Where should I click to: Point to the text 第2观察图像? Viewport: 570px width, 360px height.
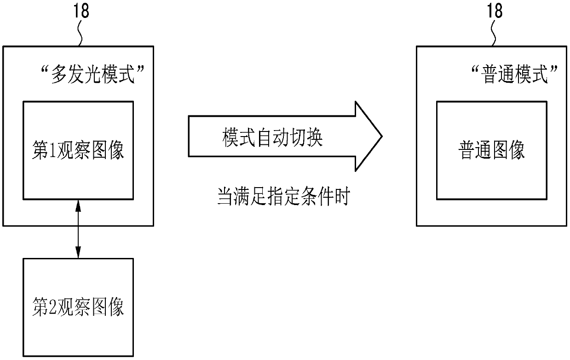click(x=78, y=307)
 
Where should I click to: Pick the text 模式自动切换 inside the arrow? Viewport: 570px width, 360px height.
click(x=273, y=137)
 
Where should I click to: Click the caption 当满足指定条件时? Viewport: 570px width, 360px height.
click(x=284, y=197)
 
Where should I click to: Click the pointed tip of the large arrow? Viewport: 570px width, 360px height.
click(x=381, y=137)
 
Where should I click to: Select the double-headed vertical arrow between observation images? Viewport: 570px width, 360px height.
click(x=78, y=229)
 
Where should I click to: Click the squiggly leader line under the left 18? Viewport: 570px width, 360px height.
click(x=81, y=33)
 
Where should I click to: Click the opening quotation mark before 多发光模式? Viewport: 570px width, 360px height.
click(x=45, y=71)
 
